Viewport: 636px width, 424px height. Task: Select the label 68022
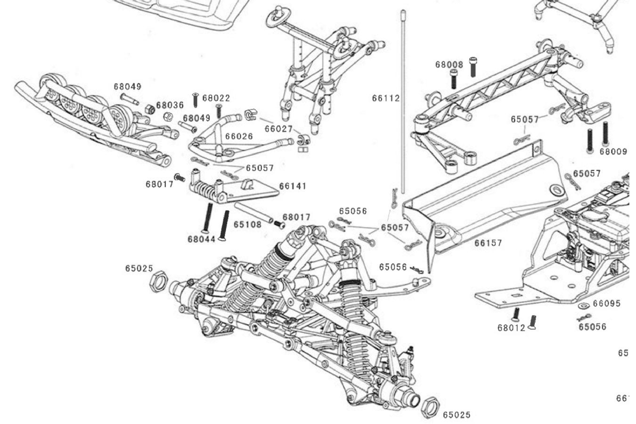pyautogui.click(x=216, y=98)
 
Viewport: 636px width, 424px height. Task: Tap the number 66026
pyautogui.click(x=239, y=136)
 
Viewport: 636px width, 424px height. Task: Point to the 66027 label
pyautogui.click(x=278, y=129)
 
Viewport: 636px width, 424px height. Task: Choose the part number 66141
pyautogui.click(x=293, y=186)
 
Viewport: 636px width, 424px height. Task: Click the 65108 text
pyautogui.click(x=247, y=225)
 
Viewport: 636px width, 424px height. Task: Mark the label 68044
pyautogui.click(x=201, y=239)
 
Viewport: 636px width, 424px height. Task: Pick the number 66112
pyautogui.click(x=385, y=98)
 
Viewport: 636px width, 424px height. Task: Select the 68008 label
pyautogui.click(x=449, y=65)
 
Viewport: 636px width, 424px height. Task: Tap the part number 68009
pyautogui.click(x=613, y=152)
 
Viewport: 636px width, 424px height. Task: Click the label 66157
pyautogui.click(x=488, y=243)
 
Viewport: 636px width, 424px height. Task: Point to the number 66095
pyautogui.click(x=606, y=304)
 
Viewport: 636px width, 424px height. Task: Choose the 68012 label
pyautogui.click(x=511, y=327)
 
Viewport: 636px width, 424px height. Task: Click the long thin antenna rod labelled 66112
pyautogui.click(x=404, y=94)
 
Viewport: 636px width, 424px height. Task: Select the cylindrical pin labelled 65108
pyautogui.click(x=253, y=213)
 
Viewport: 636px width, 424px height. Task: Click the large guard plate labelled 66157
pyautogui.click(x=485, y=198)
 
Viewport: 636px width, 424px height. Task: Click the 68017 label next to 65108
pyautogui.click(x=296, y=217)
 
